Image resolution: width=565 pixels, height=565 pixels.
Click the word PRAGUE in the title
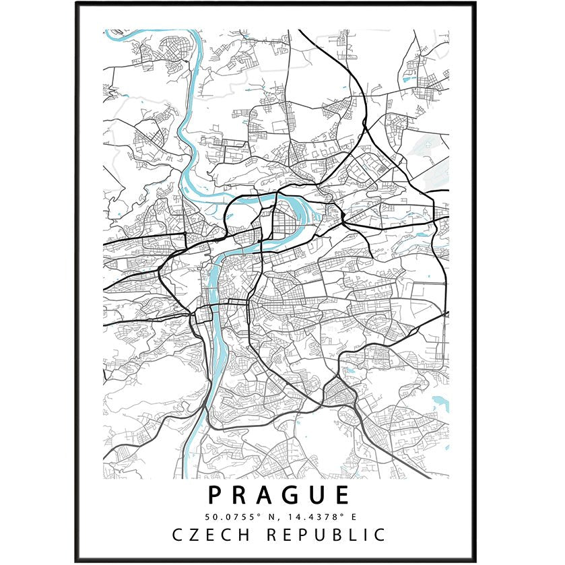tap(279, 495)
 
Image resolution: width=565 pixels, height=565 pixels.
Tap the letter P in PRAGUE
tap(215, 495)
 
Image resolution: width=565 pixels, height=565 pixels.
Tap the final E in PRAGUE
tap(342, 495)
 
